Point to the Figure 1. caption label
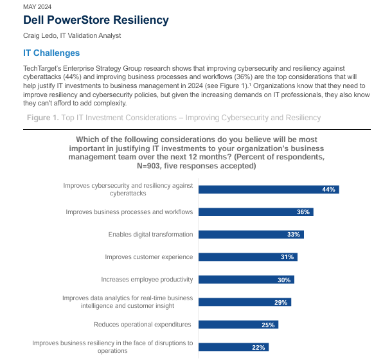(x=42, y=118)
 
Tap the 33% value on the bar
(x=294, y=235)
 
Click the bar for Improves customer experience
(x=247, y=257)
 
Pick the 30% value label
(x=284, y=280)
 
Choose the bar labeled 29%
(x=244, y=302)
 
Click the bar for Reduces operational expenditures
(x=238, y=325)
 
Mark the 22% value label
(x=259, y=347)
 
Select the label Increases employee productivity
(x=147, y=280)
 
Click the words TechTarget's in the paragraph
(x=42, y=67)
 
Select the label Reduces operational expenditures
(x=143, y=325)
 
